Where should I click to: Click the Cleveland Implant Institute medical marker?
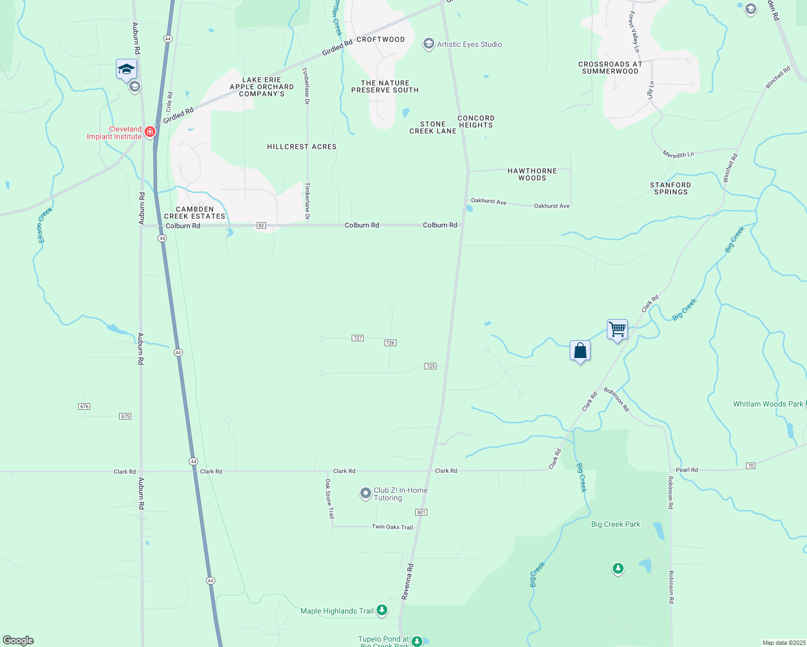[x=150, y=132]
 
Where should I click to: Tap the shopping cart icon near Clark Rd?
[x=617, y=328]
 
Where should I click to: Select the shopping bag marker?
[x=580, y=350]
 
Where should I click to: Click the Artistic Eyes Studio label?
[x=469, y=44]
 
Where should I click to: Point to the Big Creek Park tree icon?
[x=618, y=568]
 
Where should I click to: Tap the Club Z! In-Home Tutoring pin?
[x=366, y=493]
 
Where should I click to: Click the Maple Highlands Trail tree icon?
[x=382, y=610]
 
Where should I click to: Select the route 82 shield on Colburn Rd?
[x=261, y=225]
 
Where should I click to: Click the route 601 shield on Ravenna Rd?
[x=421, y=512]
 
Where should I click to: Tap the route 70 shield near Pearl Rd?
[x=750, y=465]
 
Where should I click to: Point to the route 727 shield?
[x=358, y=338]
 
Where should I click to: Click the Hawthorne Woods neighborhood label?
[x=532, y=174]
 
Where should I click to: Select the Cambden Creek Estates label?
[x=195, y=212]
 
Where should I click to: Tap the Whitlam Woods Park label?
[x=768, y=404]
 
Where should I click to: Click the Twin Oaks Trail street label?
[x=392, y=527]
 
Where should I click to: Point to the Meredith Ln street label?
[x=678, y=155]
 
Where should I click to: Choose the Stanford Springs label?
[x=671, y=188]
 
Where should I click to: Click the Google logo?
[x=18, y=641]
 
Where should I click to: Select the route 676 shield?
[x=84, y=407]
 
